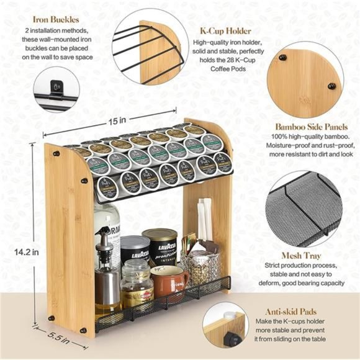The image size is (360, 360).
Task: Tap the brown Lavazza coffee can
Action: click(x=160, y=246)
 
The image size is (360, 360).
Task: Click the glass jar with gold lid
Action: click(x=137, y=285)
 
